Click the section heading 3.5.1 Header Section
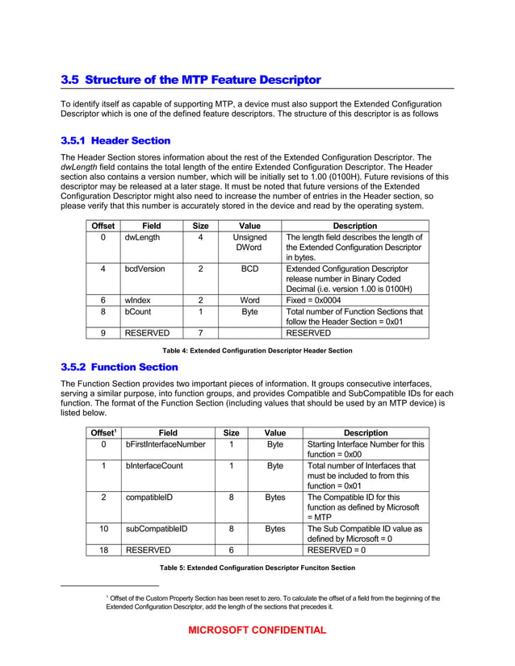(x=116, y=140)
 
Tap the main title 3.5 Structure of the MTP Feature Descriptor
(x=191, y=80)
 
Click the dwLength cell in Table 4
(x=142, y=238)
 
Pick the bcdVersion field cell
(x=144, y=268)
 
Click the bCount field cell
(x=138, y=310)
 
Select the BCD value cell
(x=249, y=268)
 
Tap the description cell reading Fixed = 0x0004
(x=320, y=299)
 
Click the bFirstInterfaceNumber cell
(x=165, y=444)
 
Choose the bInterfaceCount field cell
(x=154, y=465)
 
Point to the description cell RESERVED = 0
(x=337, y=550)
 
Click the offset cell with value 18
(x=103, y=550)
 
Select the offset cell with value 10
(x=103, y=529)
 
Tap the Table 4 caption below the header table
(x=257, y=351)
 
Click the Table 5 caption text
(x=257, y=568)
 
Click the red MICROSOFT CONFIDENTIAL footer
(x=257, y=631)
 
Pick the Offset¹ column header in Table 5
(x=103, y=432)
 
